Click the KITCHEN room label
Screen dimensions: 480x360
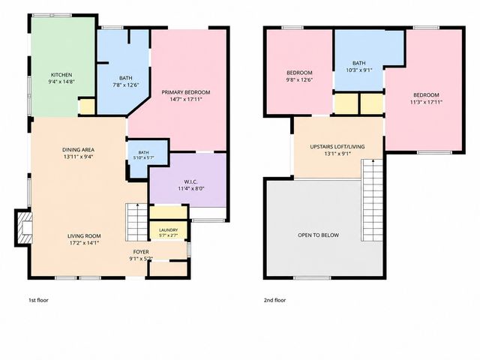(x=61, y=75)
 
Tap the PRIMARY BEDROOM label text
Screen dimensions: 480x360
(x=186, y=92)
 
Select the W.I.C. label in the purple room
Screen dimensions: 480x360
(x=190, y=181)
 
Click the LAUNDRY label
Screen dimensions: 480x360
(x=168, y=230)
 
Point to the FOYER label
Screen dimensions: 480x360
(x=141, y=252)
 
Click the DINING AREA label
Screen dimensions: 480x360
(x=78, y=150)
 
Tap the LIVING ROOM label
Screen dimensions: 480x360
(x=84, y=236)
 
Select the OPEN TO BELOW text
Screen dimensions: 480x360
(x=318, y=235)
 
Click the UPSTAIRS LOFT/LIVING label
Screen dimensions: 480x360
(x=337, y=147)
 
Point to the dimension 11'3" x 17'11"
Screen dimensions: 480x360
(x=426, y=102)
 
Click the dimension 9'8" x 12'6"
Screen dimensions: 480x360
(x=299, y=80)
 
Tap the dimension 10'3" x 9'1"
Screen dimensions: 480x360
(x=359, y=70)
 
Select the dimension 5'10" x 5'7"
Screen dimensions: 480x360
(x=143, y=158)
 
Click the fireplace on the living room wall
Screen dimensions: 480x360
(x=23, y=228)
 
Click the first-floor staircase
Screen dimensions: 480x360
(x=136, y=222)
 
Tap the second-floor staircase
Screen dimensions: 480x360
(x=373, y=200)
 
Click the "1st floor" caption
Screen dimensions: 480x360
(x=38, y=300)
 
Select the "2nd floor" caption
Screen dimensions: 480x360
(x=275, y=300)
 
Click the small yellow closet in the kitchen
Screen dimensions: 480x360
(x=87, y=106)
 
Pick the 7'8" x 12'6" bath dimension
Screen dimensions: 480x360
(x=126, y=85)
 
